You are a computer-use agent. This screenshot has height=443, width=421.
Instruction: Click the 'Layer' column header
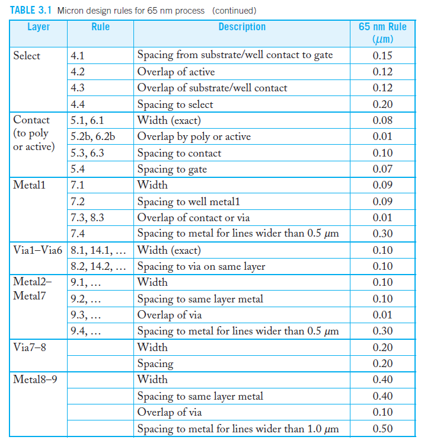(39, 27)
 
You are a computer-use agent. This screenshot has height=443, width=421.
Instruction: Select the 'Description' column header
(242, 27)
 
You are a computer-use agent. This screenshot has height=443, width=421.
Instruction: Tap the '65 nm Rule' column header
(382, 27)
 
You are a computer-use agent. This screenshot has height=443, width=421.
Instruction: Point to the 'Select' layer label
(27, 56)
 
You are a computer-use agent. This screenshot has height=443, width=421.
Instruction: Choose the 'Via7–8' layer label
(30, 348)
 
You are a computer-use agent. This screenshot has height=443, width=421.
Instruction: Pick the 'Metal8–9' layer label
(35, 380)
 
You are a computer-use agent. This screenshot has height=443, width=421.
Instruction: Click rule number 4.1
(78, 56)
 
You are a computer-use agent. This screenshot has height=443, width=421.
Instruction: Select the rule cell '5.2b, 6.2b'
(93, 137)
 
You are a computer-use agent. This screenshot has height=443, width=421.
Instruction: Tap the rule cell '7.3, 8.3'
(87, 218)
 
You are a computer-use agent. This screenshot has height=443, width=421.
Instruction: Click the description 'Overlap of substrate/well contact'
(212, 88)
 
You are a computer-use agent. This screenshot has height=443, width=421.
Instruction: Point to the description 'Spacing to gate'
(172, 170)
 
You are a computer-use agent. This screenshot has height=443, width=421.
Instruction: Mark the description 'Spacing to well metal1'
(189, 202)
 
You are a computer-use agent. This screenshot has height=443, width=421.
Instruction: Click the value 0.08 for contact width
(382, 121)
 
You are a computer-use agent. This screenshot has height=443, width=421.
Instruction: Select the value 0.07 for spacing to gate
(382, 170)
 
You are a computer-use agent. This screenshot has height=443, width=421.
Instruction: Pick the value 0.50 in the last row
(382, 429)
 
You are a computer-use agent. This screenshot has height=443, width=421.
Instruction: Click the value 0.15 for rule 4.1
(382, 56)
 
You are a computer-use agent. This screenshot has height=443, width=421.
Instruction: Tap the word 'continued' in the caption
(234, 10)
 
